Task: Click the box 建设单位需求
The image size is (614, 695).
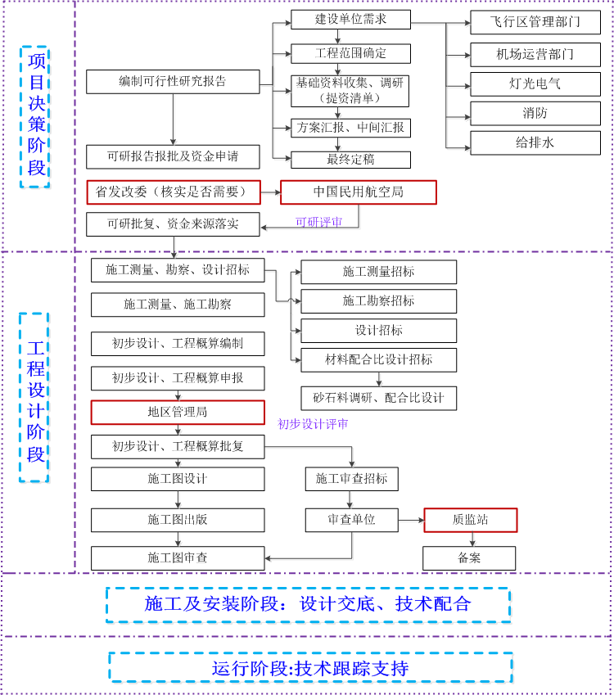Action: pyautogui.click(x=350, y=20)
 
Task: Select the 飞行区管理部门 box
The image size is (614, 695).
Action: pyautogui.click(x=535, y=22)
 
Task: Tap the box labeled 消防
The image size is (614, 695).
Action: pyautogui.click(x=535, y=113)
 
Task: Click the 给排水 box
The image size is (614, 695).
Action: pyautogui.click(x=535, y=142)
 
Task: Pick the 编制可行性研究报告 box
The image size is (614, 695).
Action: pyautogui.click(x=173, y=82)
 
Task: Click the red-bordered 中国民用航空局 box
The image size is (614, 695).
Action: pyautogui.click(x=359, y=192)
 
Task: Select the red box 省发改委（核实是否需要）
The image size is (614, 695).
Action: pyautogui.click(x=173, y=192)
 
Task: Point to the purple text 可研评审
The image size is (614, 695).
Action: pyautogui.click(x=318, y=222)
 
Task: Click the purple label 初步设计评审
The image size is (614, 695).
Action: pyautogui.click(x=312, y=424)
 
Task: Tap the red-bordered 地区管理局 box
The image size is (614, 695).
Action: pyautogui.click(x=178, y=412)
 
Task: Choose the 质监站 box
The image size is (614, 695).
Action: pyautogui.click(x=471, y=520)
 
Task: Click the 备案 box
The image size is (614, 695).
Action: pyautogui.click(x=469, y=557)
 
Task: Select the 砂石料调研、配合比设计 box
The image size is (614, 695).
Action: pyautogui.click(x=378, y=398)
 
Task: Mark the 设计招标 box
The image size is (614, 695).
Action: pyautogui.click(x=378, y=331)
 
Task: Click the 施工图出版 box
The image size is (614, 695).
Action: pyautogui.click(x=178, y=520)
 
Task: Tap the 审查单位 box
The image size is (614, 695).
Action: pyautogui.click(x=351, y=520)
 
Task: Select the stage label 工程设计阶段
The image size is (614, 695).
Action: pyautogui.click(x=35, y=397)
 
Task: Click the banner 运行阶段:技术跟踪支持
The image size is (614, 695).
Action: pyautogui.click(x=310, y=668)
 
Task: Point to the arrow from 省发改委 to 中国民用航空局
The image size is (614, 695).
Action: pyautogui.click(x=270, y=192)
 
